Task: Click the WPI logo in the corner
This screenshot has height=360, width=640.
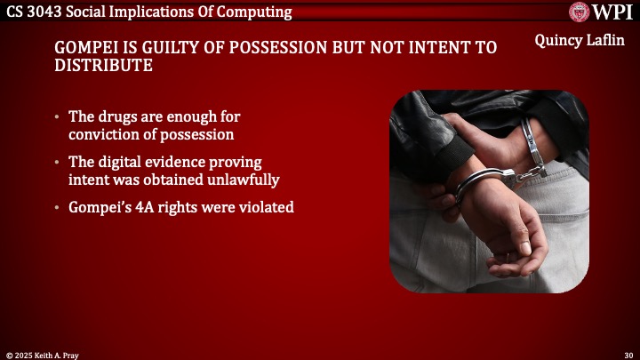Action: tap(601, 12)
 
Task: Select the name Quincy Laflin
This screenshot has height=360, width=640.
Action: tap(580, 42)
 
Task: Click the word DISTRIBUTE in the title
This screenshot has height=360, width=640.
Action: tap(102, 66)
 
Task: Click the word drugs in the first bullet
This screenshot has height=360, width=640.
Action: tap(116, 117)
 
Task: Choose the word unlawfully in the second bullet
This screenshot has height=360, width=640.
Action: tap(244, 180)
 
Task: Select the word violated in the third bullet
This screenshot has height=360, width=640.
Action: tap(266, 208)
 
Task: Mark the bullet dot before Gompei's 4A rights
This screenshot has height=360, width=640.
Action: tap(58, 208)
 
